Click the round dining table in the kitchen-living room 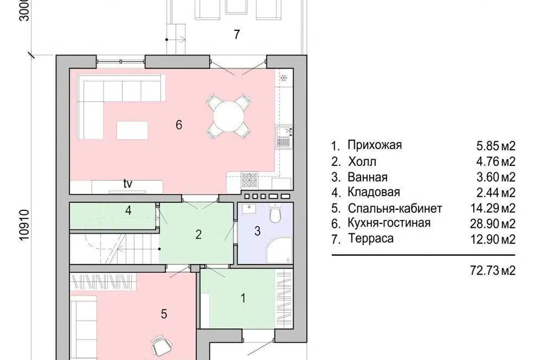coord(228,117)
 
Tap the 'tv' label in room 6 coord(129,183)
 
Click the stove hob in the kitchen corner coord(249,179)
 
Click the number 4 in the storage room coord(129,211)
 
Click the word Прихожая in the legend coord(374,146)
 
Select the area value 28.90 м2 coord(496,224)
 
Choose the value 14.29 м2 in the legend coord(496,208)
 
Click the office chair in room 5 coord(160,345)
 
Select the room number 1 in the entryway coord(243,298)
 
